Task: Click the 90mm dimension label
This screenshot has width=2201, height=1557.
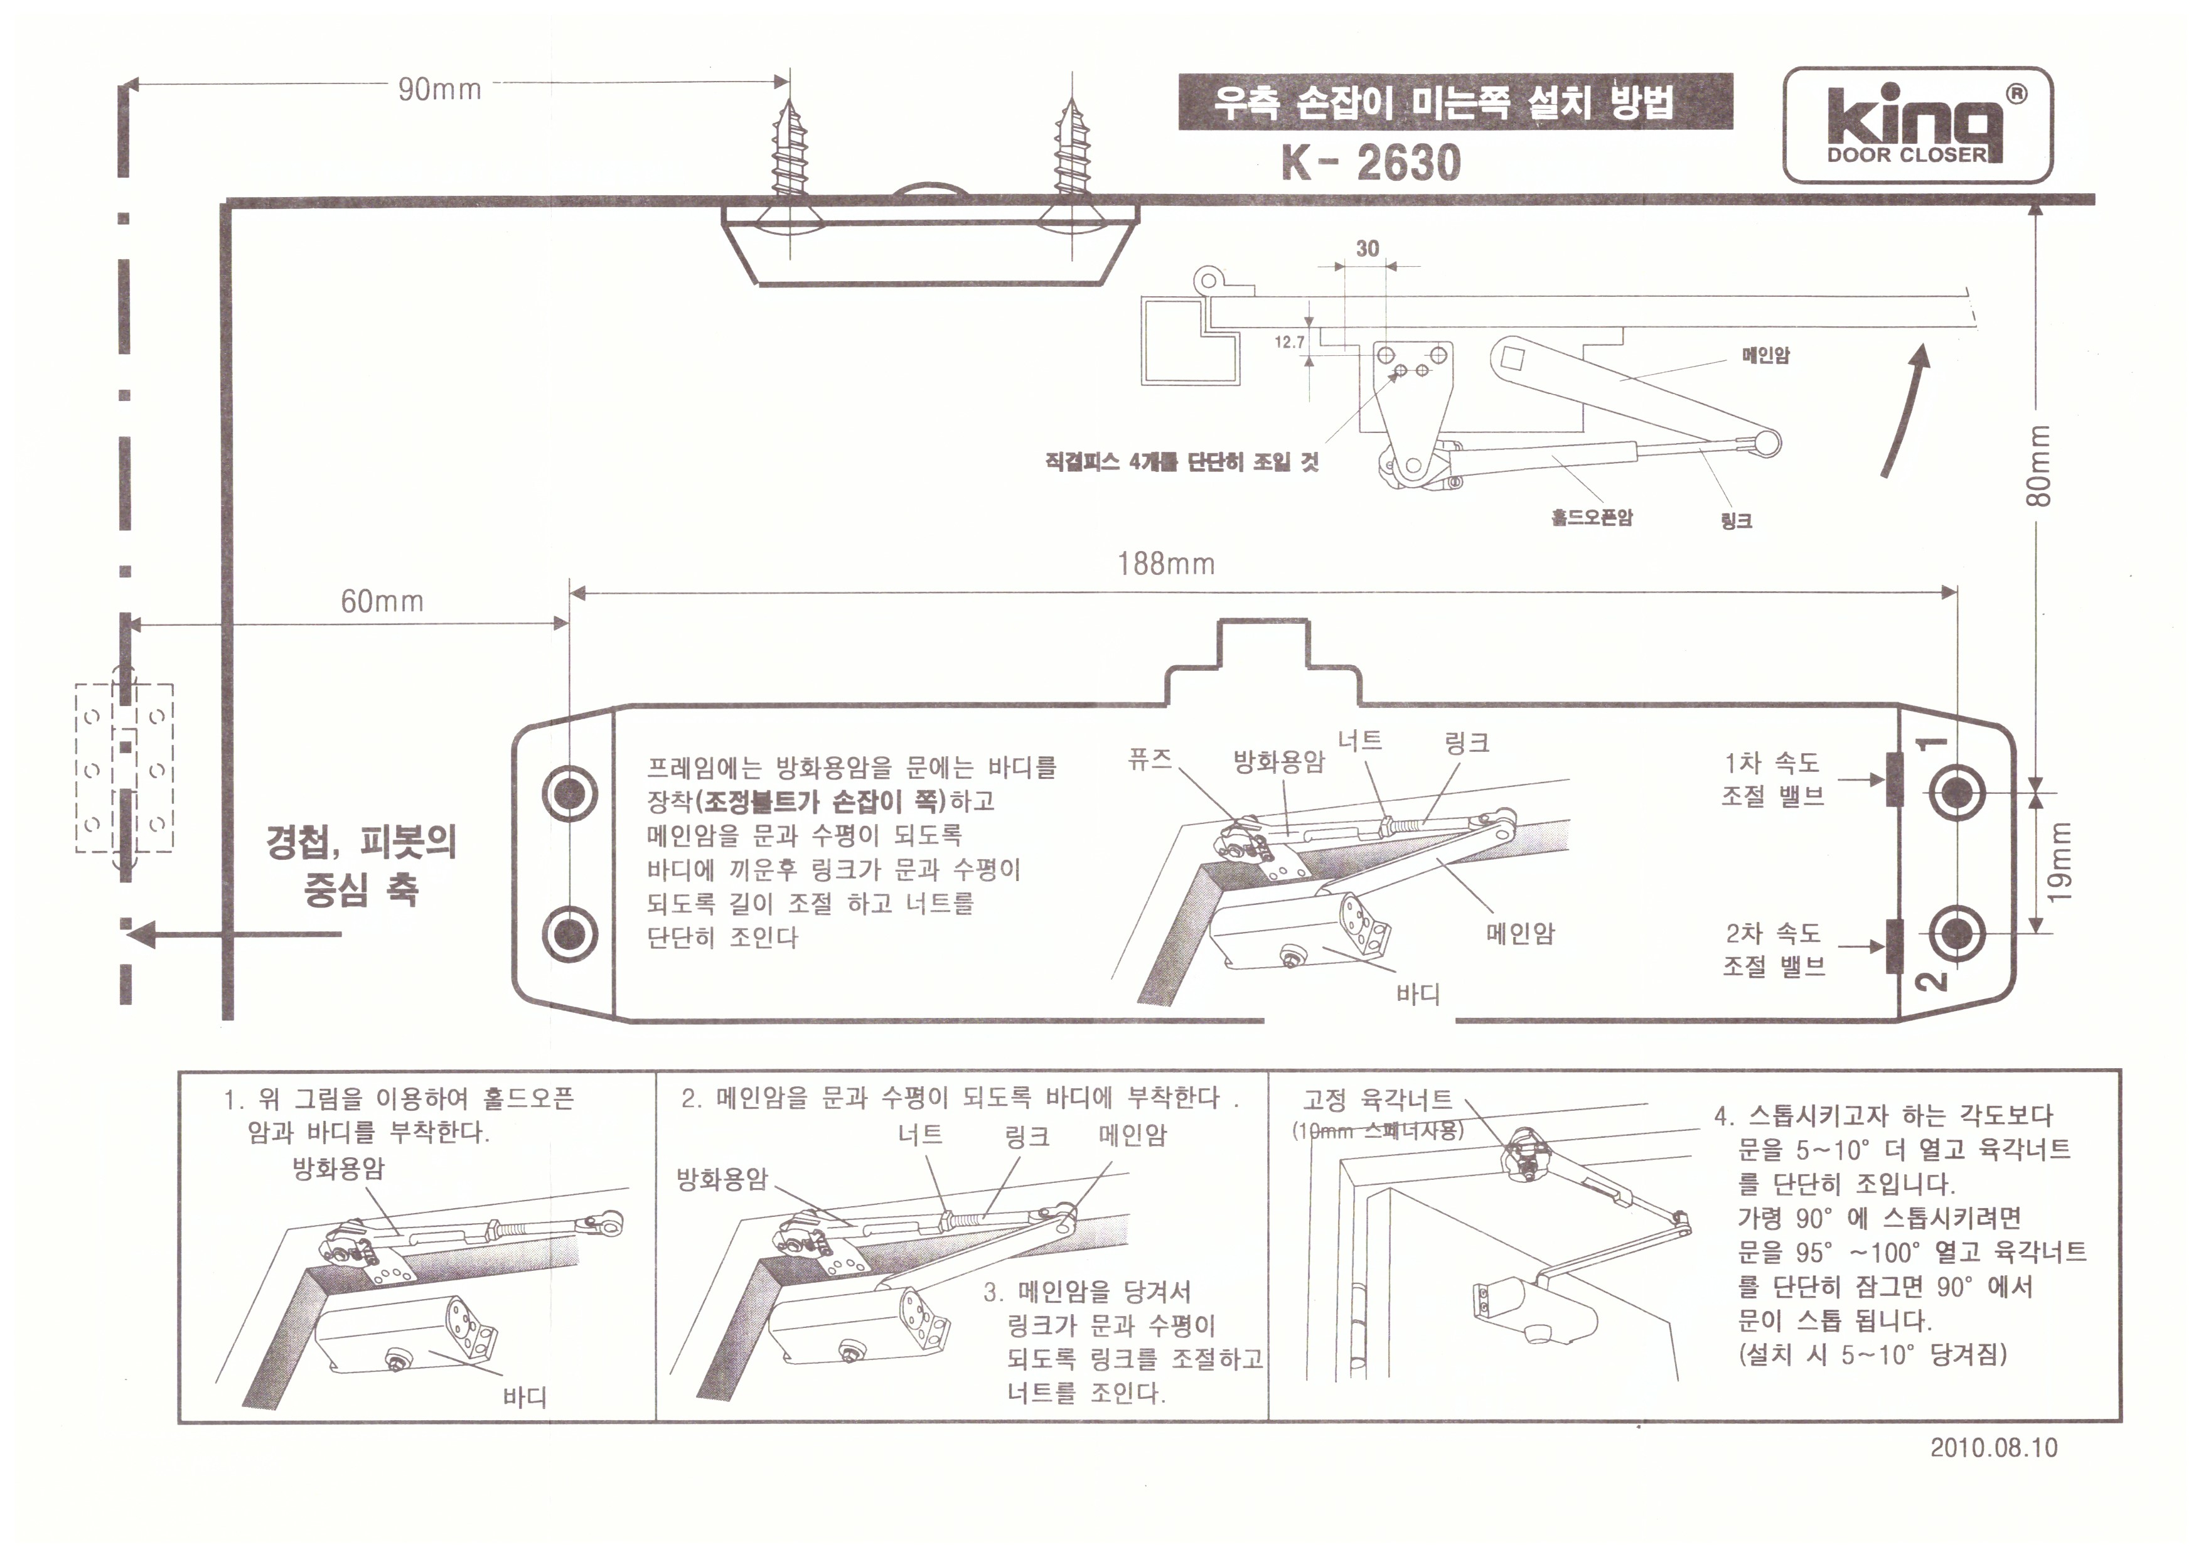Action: point(439,89)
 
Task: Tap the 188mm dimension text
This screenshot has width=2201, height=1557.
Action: point(1165,563)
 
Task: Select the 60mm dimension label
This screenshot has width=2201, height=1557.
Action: point(382,601)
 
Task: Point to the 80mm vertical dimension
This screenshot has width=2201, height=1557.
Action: point(2039,466)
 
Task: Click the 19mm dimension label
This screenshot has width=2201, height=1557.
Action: point(2059,862)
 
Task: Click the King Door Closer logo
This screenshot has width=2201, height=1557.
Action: point(1917,125)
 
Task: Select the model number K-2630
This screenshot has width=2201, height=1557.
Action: point(1371,162)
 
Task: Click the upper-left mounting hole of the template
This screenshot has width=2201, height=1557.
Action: point(569,793)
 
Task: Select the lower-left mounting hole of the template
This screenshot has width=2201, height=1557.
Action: point(569,933)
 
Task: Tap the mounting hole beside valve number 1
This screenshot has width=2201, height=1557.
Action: point(1957,793)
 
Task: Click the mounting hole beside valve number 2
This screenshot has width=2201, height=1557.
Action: point(1957,933)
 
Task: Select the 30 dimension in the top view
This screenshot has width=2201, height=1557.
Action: point(1367,249)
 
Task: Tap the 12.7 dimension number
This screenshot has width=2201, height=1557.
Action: point(1289,342)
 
